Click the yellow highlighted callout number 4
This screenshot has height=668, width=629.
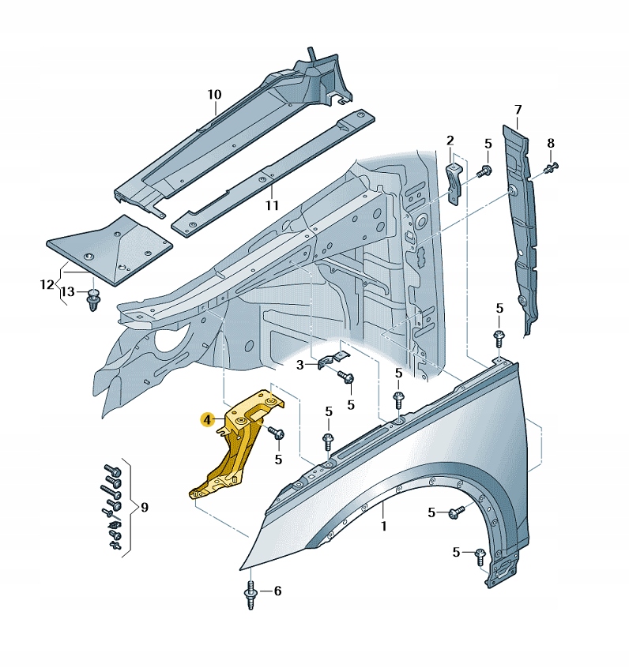pyautogui.click(x=207, y=420)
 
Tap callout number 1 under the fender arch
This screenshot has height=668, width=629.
pyautogui.click(x=384, y=526)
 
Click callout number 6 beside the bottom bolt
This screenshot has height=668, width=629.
pyautogui.click(x=277, y=591)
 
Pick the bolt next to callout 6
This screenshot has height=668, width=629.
pyautogui.click(x=250, y=595)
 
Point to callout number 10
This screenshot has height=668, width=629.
pyautogui.click(x=214, y=94)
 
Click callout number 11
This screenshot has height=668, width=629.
pyautogui.click(x=272, y=205)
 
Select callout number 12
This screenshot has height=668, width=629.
pyautogui.click(x=47, y=284)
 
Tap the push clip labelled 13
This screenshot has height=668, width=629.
pyautogui.click(x=92, y=299)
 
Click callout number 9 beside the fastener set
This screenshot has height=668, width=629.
pyautogui.click(x=145, y=508)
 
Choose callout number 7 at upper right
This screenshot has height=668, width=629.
pyautogui.click(x=518, y=110)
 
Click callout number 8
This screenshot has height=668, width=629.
pyautogui.click(x=551, y=143)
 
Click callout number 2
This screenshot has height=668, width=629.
pyautogui.click(x=450, y=141)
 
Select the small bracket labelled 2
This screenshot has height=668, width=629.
pyautogui.click(x=454, y=184)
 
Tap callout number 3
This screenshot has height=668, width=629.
pyautogui.click(x=299, y=365)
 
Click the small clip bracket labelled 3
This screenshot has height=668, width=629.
pyautogui.click(x=333, y=360)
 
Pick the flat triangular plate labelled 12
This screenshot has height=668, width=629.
pyautogui.click(x=109, y=250)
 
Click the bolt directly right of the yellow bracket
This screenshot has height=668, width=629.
pyautogui.click(x=276, y=433)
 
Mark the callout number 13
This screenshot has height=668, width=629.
pyautogui.click(x=67, y=292)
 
